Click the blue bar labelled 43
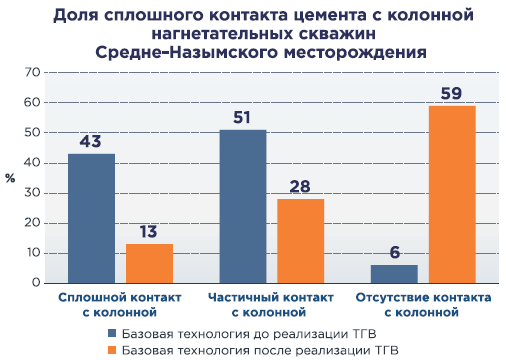pos(91,218)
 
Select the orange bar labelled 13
pos(149,264)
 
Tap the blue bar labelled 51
pos(243,206)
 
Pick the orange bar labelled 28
pos(301,241)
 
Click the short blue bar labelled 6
pos(394,274)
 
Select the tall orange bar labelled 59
pos(452,194)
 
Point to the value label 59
pos(451,93)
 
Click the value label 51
pos(242,117)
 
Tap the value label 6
pos(395,252)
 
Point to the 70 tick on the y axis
pos(32,72)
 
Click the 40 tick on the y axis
pos(32,163)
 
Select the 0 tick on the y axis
pos(36,283)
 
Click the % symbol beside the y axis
pos(10,178)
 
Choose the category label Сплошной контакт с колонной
pos(120,305)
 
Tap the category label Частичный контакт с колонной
pos(271,305)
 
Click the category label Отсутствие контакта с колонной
pos(423,305)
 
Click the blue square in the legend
pos(112,333)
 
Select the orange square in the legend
pos(112,350)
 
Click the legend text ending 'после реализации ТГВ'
pos(260,350)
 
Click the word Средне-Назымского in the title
pos(187,52)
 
